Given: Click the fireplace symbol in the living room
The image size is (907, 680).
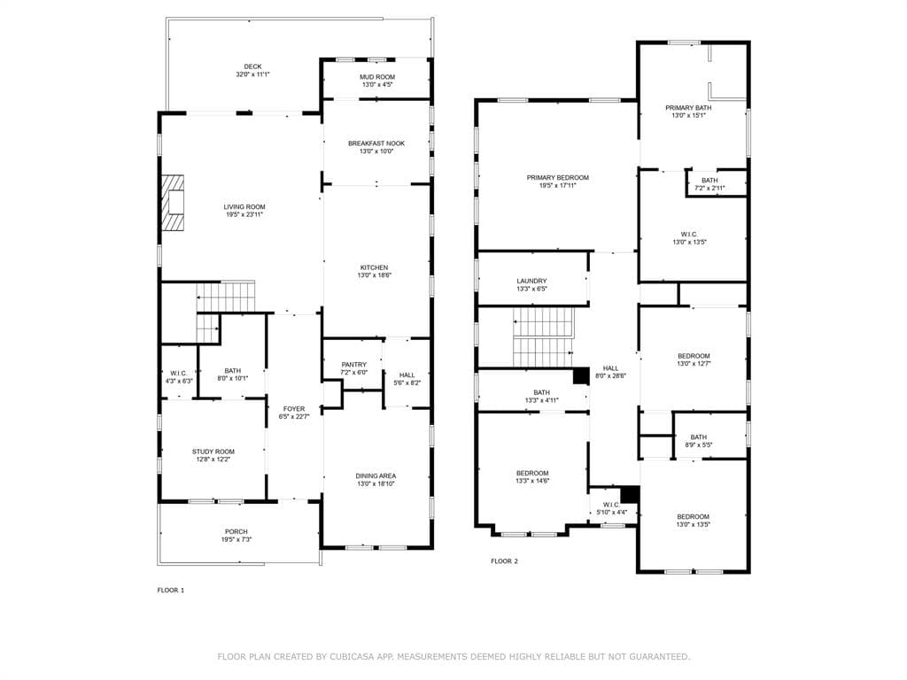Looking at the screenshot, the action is pyautogui.click(x=173, y=203).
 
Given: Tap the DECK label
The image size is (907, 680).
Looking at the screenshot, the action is pyautogui.click(x=252, y=66).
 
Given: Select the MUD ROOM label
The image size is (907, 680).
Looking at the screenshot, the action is pyautogui.click(x=377, y=77).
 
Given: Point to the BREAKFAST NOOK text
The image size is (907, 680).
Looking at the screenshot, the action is pyautogui.click(x=376, y=143).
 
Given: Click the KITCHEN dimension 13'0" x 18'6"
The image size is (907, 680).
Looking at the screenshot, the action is pyautogui.click(x=375, y=276).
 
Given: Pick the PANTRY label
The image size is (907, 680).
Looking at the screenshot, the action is pyautogui.click(x=354, y=365).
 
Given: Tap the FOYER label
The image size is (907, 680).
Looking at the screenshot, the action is pyautogui.click(x=294, y=409).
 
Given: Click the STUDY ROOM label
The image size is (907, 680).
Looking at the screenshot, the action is pyautogui.click(x=213, y=452).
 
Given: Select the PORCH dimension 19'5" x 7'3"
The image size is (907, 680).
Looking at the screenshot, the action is pyautogui.click(x=236, y=539).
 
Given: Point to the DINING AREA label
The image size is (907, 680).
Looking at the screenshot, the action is pyautogui.click(x=376, y=475).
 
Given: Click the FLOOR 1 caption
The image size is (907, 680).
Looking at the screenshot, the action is pyautogui.click(x=171, y=591).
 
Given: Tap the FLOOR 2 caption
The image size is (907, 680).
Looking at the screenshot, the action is pyautogui.click(x=504, y=561).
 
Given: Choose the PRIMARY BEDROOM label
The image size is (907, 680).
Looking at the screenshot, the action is pyautogui.click(x=558, y=177).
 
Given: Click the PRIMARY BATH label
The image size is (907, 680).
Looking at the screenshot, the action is pyautogui.click(x=688, y=107).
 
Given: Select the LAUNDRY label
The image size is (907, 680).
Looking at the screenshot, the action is pyautogui.click(x=531, y=281).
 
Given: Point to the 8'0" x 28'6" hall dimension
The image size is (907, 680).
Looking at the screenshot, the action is pyautogui.click(x=611, y=375).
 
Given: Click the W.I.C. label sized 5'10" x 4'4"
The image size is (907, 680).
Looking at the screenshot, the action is pyautogui.click(x=611, y=505).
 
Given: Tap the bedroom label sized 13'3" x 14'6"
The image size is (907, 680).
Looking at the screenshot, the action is pyautogui.click(x=532, y=473).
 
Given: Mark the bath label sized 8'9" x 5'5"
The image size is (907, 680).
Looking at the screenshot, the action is pyautogui.click(x=698, y=437).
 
